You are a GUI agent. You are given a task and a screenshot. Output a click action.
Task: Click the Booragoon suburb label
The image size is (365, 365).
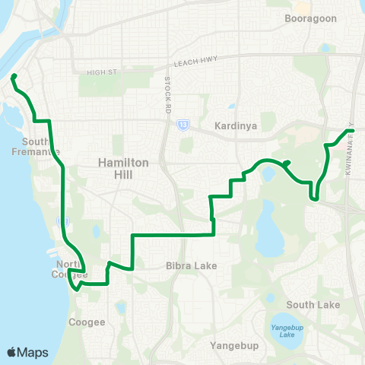point(310,17)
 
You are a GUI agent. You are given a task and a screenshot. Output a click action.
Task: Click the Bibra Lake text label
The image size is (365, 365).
point(192,266)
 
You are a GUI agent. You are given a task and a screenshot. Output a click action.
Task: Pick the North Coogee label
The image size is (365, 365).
point(69,268)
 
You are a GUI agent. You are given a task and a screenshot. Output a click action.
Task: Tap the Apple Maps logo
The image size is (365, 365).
point(28,352)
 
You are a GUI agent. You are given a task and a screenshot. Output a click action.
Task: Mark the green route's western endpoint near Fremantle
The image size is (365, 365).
point(13,76)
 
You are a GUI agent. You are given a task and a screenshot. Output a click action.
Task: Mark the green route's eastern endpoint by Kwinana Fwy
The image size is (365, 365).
point(352,131)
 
